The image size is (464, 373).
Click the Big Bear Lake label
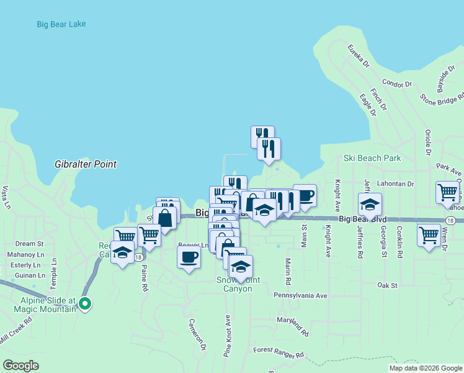point(61,24)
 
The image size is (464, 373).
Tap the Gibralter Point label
point(85,164)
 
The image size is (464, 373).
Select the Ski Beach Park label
point(372,158)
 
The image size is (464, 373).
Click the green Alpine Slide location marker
point(86,304)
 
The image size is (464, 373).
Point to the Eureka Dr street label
point(359,56)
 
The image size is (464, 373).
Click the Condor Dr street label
point(397,83)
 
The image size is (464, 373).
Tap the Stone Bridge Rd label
point(441,98)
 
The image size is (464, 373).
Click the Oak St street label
point(386,285)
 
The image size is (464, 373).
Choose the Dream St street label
point(29,244)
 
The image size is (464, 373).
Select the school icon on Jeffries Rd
point(370,204)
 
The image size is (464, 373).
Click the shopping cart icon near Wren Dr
point(429,235)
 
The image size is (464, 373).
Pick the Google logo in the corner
point(20,366)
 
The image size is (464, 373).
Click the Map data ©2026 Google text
point(426,368)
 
